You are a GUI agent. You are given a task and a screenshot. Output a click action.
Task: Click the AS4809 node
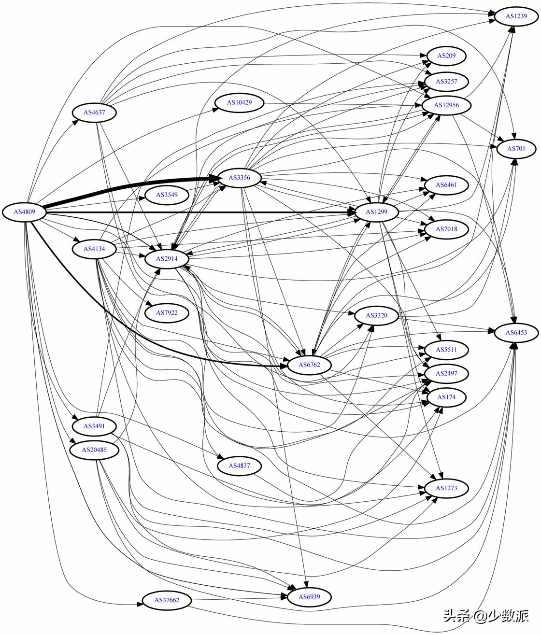pyautogui.click(x=24, y=212)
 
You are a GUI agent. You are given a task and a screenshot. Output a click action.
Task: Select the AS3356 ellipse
pyautogui.click(x=240, y=178)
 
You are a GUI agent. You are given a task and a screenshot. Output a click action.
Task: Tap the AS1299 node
pyautogui.click(x=377, y=212)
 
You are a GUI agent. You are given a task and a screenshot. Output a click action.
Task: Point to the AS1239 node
pyautogui.click(x=516, y=16)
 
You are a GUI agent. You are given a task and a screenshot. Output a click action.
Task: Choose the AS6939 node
pyautogui.click(x=309, y=596)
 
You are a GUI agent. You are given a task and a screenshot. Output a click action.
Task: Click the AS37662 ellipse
pyautogui.click(x=167, y=600)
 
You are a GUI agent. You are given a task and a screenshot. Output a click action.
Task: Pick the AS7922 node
pyautogui.click(x=167, y=313)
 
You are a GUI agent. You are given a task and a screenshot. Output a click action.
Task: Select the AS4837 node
pyautogui.click(x=240, y=466)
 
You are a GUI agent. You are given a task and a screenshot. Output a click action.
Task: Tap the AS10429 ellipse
pyautogui.click(x=240, y=102)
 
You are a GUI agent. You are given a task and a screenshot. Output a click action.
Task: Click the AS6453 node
pyautogui.click(x=516, y=332)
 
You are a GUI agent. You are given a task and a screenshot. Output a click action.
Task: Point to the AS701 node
pyautogui.click(x=516, y=148)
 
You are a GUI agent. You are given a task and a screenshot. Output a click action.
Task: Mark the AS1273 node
pyautogui.click(x=446, y=488)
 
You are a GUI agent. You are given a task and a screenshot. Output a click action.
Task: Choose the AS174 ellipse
pyautogui.click(x=446, y=397)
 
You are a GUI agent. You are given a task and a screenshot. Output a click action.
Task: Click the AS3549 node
pyautogui.click(x=167, y=195)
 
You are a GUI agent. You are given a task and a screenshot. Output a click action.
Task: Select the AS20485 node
pyautogui.click(x=94, y=450)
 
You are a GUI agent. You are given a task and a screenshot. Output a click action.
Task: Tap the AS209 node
pyautogui.click(x=446, y=56)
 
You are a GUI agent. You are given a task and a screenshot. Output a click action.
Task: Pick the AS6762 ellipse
pyautogui.click(x=309, y=365)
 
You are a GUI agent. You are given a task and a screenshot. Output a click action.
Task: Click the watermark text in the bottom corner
pyautogui.click(x=486, y=615)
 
